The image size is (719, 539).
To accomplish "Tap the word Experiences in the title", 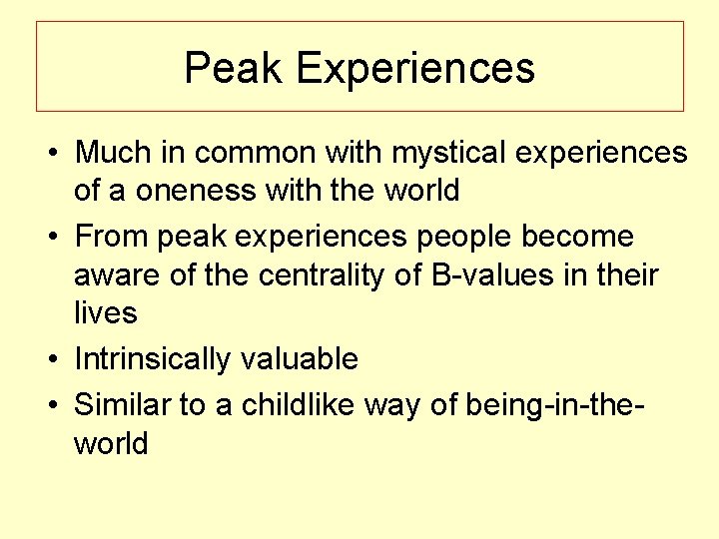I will click(415, 69).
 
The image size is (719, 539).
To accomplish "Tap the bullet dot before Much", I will click(49, 154).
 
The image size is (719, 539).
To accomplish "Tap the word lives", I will click(105, 312).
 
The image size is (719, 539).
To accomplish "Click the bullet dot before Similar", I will click(49, 405).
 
